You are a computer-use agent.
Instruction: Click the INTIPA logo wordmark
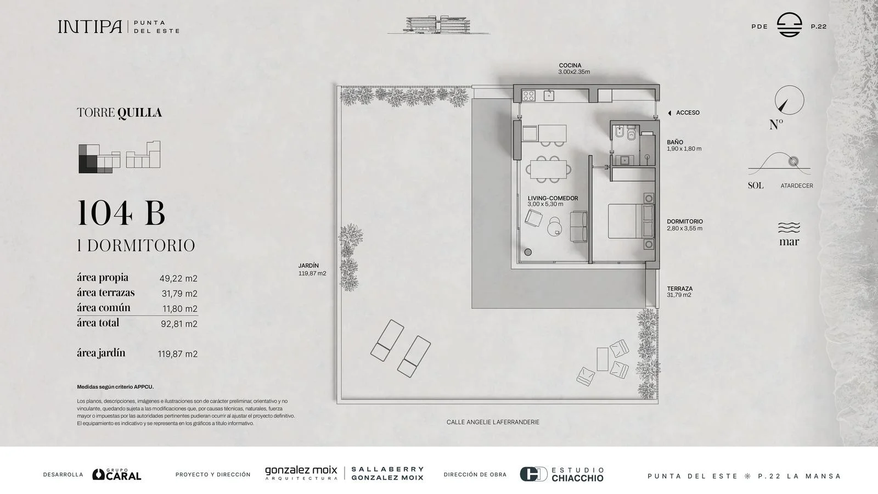click(90, 27)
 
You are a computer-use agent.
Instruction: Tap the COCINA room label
click(570, 65)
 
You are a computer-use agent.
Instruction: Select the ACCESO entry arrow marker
click(669, 113)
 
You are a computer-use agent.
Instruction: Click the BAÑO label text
click(675, 142)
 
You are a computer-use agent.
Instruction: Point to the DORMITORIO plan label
click(685, 222)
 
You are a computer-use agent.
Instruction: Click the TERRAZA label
click(680, 289)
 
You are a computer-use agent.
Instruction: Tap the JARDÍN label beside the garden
click(308, 266)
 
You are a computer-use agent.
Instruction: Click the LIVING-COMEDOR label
click(553, 198)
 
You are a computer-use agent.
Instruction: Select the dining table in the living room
click(548, 170)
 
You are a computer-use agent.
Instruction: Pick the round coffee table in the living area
click(555, 227)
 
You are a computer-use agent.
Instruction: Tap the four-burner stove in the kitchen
click(529, 96)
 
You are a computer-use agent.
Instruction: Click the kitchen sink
click(549, 96)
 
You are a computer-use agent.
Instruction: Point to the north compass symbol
click(790, 100)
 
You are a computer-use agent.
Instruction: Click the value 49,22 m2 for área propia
click(178, 278)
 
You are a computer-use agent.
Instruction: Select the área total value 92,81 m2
click(179, 324)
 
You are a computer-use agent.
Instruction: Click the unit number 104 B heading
click(121, 212)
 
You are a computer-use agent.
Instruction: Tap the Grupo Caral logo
click(116, 474)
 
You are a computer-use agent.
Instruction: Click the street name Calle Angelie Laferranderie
click(493, 422)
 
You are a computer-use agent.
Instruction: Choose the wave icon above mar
click(789, 227)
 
